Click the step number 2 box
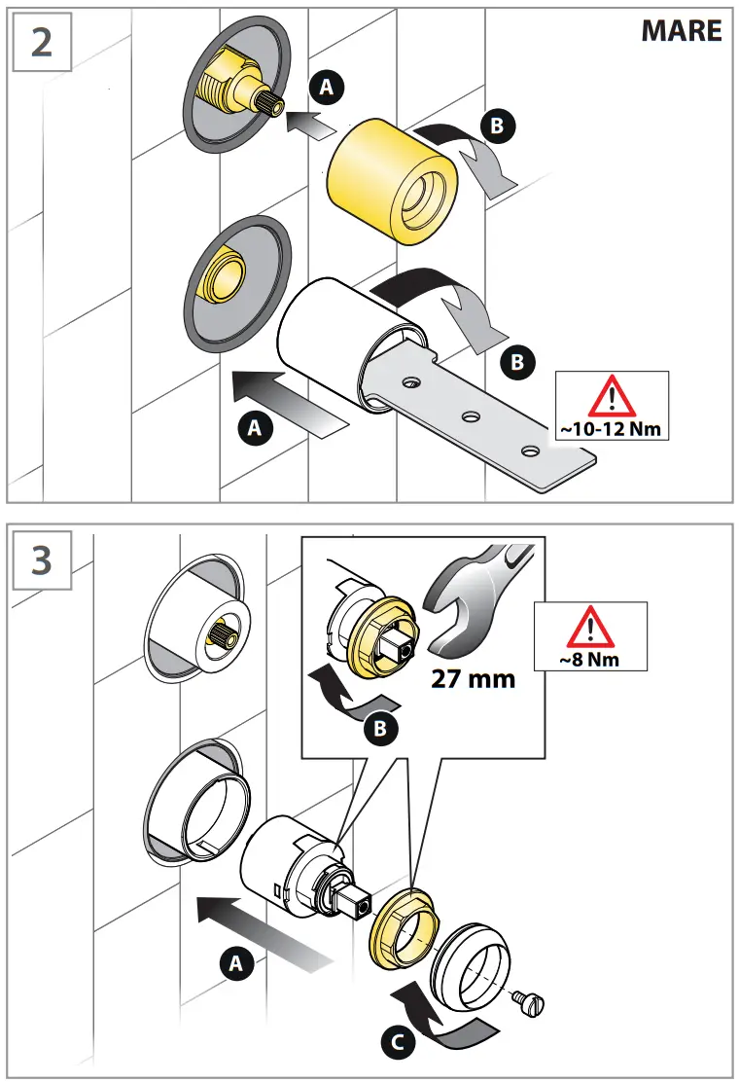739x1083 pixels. [41, 43]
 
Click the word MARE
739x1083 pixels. [681, 31]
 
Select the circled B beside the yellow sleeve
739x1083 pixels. [498, 126]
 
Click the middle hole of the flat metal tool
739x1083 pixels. [471, 416]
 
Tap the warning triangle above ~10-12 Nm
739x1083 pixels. [612, 397]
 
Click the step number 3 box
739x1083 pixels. [41, 560]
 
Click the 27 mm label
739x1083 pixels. [473, 677]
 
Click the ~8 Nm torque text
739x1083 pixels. [590, 659]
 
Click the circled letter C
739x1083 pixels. [395, 1042]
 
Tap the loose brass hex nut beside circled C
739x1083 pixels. [403, 932]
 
